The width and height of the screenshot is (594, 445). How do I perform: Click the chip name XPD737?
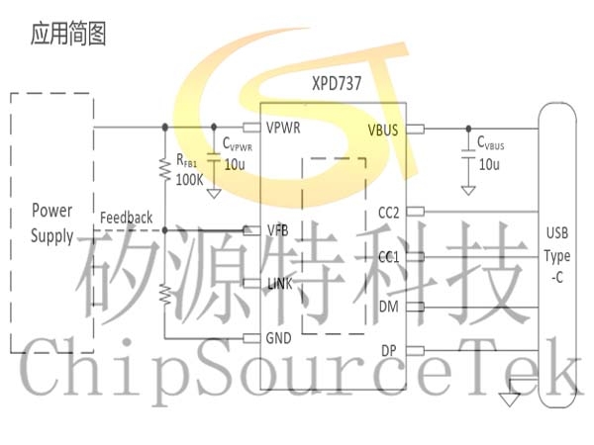[337, 84]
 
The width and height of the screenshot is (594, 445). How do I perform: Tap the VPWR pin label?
[283, 128]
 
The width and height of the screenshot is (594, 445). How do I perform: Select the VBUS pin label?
[383, 131]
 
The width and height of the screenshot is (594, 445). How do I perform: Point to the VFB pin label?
[277, 230]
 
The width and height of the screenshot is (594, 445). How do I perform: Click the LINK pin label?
[279, 284]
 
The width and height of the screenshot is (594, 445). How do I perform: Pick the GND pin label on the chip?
[278, 338]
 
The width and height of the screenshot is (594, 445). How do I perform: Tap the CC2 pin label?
[389, 213]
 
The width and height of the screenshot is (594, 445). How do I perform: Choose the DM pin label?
[389, 307]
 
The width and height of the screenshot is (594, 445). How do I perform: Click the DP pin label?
[389, 351]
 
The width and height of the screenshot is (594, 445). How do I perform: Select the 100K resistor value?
[189, 179]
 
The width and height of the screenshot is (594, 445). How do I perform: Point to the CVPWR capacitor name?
[238, 144]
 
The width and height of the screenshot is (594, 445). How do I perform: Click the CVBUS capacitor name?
[491, 143]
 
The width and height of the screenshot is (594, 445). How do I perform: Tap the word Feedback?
[126, 218]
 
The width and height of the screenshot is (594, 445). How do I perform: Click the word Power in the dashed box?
[51, 211]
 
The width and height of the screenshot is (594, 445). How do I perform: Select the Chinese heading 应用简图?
[68, 34]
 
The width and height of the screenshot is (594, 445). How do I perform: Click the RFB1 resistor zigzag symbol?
[164, 169]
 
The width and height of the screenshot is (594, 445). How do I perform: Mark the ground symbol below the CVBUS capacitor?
[468, 190]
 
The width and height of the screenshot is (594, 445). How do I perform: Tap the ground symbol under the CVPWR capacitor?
[214, 194]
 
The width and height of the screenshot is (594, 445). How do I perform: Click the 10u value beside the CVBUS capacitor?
[489, 164]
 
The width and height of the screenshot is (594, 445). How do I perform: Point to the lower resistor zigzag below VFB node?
[165, 295]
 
